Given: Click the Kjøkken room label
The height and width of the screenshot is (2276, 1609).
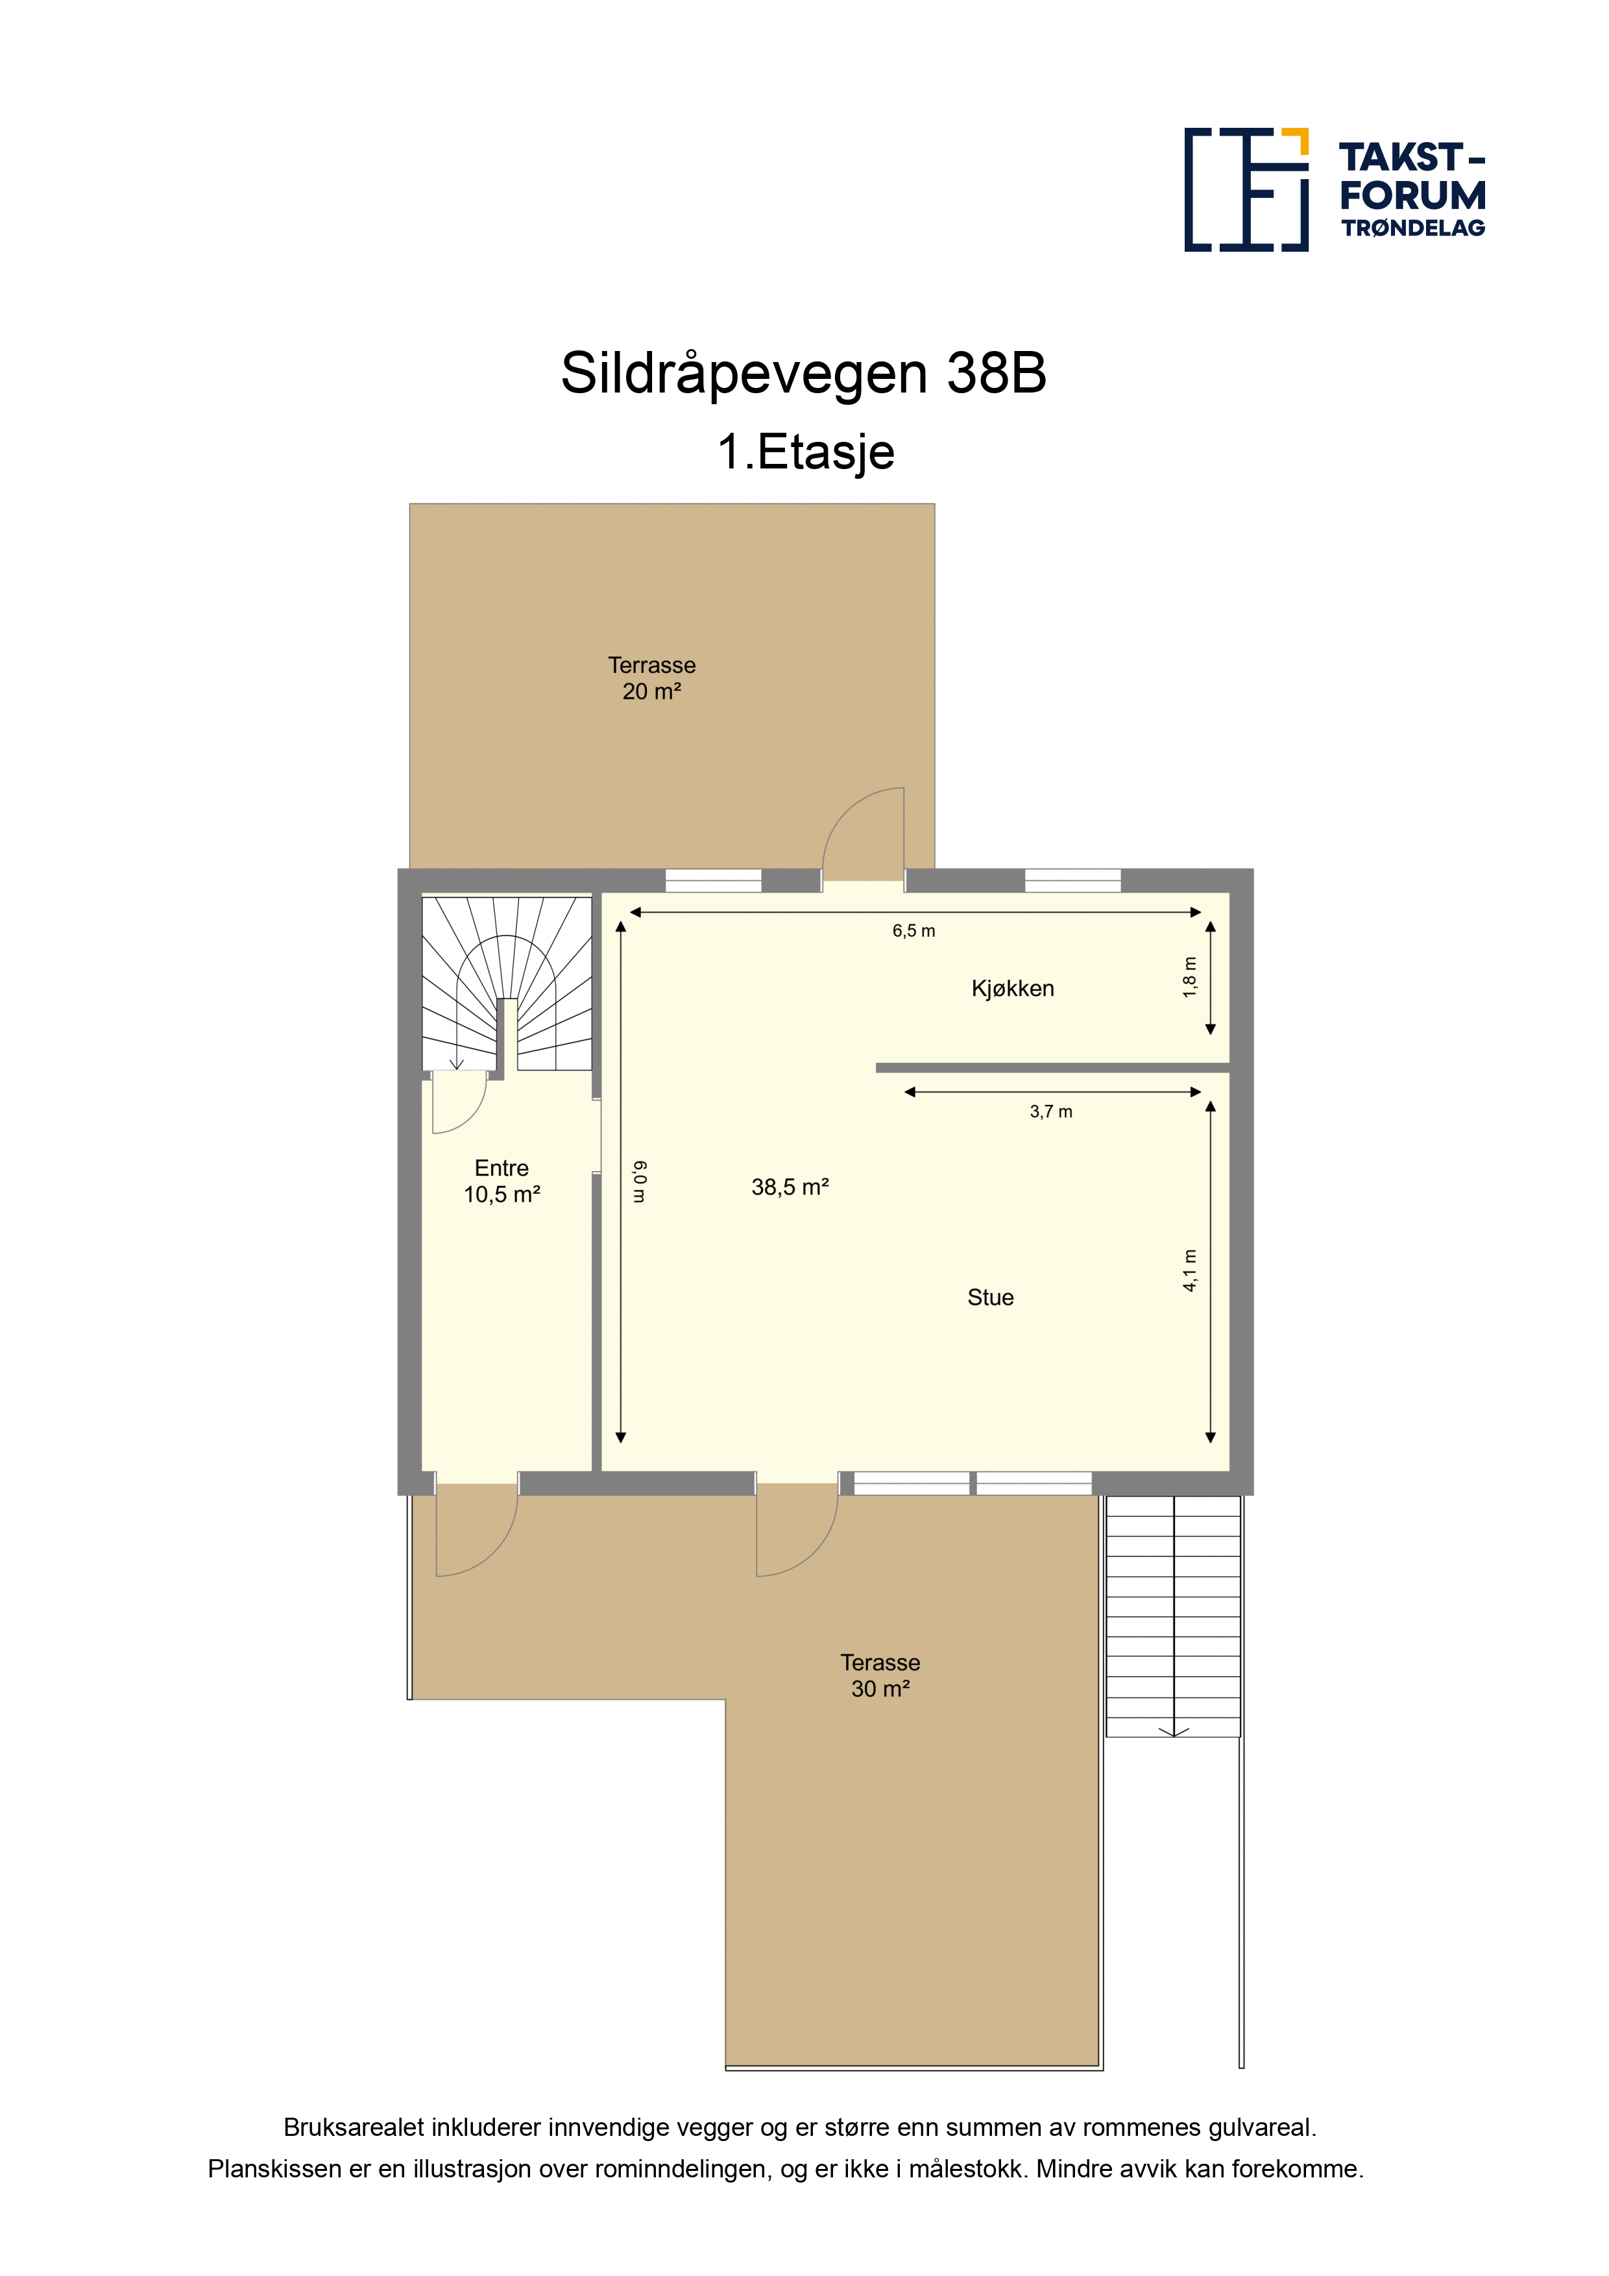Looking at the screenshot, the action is click(x=1012, y=988).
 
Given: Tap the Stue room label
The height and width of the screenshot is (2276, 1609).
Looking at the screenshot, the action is click(x=991, y=1298).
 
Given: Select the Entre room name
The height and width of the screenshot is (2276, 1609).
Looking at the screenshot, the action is click(x=502, y=1168).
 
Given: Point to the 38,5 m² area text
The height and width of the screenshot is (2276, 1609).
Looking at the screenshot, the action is click(x=790, y=1187).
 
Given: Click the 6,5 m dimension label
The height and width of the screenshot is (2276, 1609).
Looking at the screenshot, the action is click(x=913, y=931).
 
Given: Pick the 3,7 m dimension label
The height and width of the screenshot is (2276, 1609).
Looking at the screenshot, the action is click(x=1051, y=1111).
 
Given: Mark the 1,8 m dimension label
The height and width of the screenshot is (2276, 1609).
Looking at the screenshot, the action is click(x=1190, y=976).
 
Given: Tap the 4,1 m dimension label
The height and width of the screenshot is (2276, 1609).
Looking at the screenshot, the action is click(x=1190, y=1270).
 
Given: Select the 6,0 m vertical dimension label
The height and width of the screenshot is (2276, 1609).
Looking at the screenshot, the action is click(x=640, y=1181).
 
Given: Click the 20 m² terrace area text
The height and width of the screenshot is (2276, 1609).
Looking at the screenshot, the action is click(x=651, y=692).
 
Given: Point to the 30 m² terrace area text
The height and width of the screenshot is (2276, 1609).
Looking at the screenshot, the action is click(x=880, y=1688).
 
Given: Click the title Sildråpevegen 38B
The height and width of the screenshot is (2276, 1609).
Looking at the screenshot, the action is click(x=804, y=372).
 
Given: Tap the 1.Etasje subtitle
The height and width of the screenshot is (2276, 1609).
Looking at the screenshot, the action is click(x=806, y=452).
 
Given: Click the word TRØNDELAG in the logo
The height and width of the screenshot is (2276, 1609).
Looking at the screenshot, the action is click(x=1414, y=228).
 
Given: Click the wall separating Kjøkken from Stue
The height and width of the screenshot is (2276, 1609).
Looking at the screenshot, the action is click(x=1053, y=1068).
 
